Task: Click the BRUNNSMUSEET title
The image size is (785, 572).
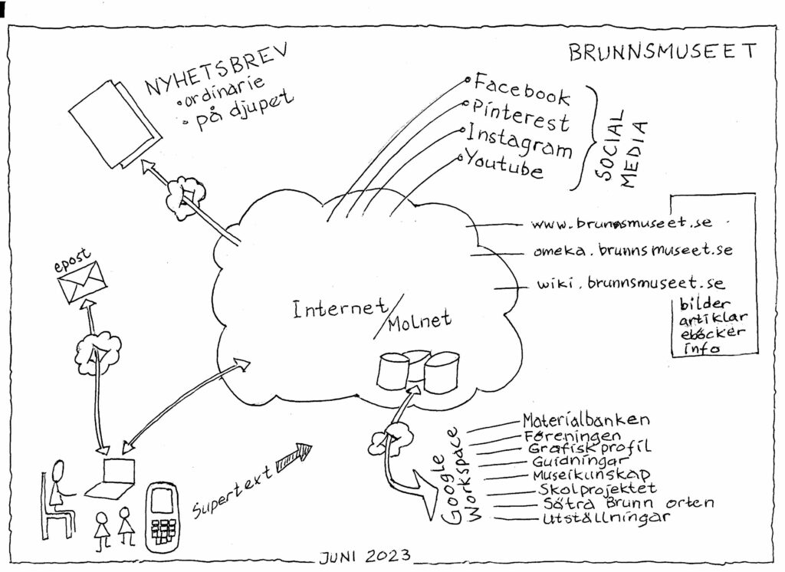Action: [662, 51]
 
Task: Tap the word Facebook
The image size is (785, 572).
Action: [521, 90]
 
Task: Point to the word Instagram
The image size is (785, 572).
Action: [519, 141]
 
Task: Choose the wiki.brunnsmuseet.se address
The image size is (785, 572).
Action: [631, 283]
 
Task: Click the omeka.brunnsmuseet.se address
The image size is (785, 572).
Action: [632, 250]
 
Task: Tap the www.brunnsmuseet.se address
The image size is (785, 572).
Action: [621, 222]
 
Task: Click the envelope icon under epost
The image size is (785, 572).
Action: [82, 282]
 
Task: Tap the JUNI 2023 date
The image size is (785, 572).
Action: [365, 556]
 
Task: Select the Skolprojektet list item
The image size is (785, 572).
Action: [596, 488]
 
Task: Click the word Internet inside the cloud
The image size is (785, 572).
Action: [340, 308]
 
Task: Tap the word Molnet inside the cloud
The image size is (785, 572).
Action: [419, 321]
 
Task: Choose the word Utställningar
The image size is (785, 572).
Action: [606, 518]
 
